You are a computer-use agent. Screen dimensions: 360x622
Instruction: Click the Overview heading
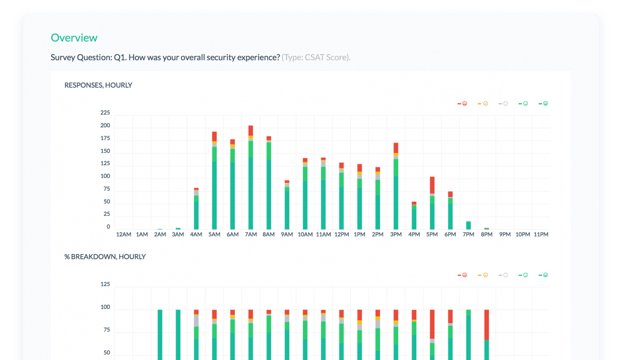74,38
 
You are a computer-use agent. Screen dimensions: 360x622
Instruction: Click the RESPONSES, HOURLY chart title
98,85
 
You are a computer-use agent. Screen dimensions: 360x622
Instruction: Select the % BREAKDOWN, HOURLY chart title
105,257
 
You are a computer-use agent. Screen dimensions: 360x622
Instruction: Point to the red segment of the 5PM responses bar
432,185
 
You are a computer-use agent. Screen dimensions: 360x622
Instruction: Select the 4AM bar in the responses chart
196,210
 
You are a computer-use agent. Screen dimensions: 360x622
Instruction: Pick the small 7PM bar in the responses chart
469,225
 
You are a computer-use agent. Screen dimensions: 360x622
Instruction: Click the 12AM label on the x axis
124,234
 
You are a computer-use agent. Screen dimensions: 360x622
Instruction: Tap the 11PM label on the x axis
541,234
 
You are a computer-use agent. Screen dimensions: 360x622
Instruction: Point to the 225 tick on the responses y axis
105,113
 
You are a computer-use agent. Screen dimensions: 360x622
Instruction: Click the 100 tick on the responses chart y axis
105,176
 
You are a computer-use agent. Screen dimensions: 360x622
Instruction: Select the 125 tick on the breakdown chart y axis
105,284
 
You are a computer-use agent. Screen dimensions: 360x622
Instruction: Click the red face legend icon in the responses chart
465,104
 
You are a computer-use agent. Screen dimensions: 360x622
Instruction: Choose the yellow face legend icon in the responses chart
485,104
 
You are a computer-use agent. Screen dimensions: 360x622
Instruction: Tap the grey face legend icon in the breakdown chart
505,275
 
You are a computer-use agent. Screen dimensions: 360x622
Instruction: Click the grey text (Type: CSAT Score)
316,57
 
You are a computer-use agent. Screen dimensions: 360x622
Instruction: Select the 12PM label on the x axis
342,234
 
